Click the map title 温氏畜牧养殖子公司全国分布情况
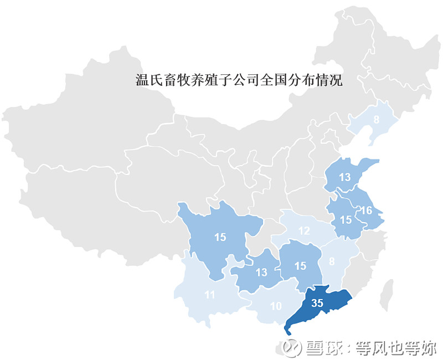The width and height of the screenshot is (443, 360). [239, 80]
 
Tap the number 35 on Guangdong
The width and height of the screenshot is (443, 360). [317, 303]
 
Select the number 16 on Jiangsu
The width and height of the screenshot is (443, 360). [366, 210]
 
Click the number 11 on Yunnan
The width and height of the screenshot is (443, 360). [209, 295]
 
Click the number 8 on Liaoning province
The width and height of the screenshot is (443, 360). [376, 120]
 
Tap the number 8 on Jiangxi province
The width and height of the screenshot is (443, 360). [332, 263]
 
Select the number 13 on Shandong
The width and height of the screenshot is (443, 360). [346, 178]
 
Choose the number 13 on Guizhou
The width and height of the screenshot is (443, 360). [261, 272]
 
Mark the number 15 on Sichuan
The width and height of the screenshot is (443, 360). [220, 237]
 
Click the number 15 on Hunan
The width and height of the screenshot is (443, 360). [300, 266]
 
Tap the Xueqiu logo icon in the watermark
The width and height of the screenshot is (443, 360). [290, 347]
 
